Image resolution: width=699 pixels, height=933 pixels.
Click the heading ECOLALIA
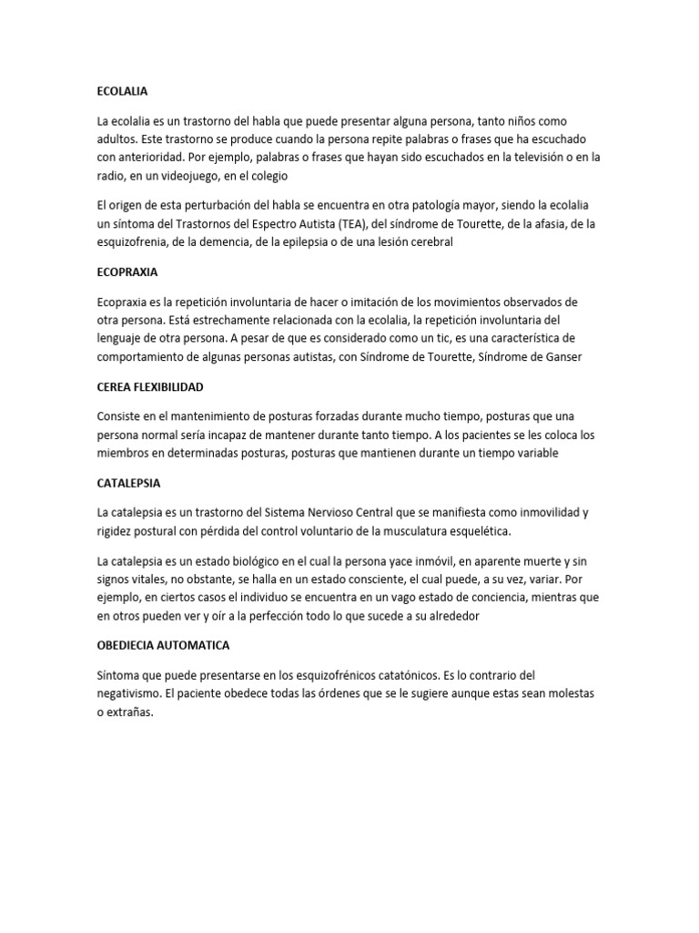pos(122,92)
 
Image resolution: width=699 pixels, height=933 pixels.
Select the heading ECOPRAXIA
pos(127,272)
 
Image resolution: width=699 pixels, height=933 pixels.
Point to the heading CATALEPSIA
pos(128,483)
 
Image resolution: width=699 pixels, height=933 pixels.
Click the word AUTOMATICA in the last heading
pos(196,645)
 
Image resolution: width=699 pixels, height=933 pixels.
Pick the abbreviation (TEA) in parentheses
pos(349,224)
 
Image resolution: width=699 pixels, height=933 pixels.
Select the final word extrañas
pos(131,713)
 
